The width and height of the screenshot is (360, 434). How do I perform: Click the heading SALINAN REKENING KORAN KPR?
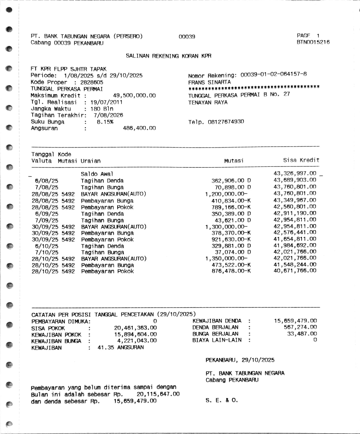click(168, 56)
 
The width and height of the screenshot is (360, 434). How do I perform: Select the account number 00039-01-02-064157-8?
click(274, 74)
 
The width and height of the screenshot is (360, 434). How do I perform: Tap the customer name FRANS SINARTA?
click(209, 82)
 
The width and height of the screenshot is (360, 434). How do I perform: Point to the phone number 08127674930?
click(226, 122)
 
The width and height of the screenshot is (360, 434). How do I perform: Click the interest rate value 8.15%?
click(105, 122)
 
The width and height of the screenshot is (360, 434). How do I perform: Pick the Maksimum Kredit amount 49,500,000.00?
click(134, 95)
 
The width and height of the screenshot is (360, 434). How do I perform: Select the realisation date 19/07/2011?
click(106, 102)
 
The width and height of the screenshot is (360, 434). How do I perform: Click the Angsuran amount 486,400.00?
click(139, 128)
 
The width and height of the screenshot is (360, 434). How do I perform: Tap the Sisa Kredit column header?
click(301, 160)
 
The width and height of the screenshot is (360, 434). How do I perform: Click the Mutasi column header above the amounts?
click(234, 161)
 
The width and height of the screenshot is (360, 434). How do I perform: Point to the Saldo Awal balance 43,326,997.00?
click(295, 173)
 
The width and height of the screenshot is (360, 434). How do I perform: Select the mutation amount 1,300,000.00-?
click(226, 227)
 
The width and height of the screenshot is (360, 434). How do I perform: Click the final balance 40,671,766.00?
click(295, 270)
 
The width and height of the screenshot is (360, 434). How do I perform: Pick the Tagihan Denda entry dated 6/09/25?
click(102, 214)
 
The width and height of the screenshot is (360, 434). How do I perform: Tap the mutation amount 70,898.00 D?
click(231, 187)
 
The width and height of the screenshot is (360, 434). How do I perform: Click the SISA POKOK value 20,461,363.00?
click(135, 328)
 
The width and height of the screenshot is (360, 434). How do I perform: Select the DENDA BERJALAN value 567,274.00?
click(300, 327)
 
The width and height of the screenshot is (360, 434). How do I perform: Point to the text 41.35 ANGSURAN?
click(121, 347)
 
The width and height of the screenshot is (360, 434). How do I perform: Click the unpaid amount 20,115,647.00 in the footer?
click(158, 394)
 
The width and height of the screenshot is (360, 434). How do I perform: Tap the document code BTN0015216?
click(313, 42)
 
